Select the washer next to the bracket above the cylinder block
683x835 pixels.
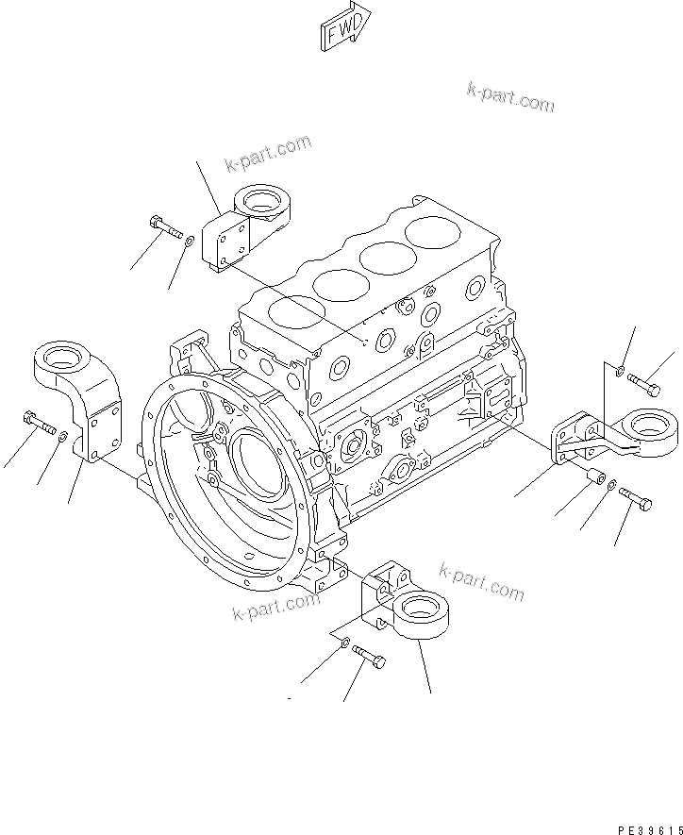pos(191,242)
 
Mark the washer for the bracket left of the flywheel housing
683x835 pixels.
pos(62,438)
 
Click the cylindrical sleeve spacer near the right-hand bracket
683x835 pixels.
pos(593,477)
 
